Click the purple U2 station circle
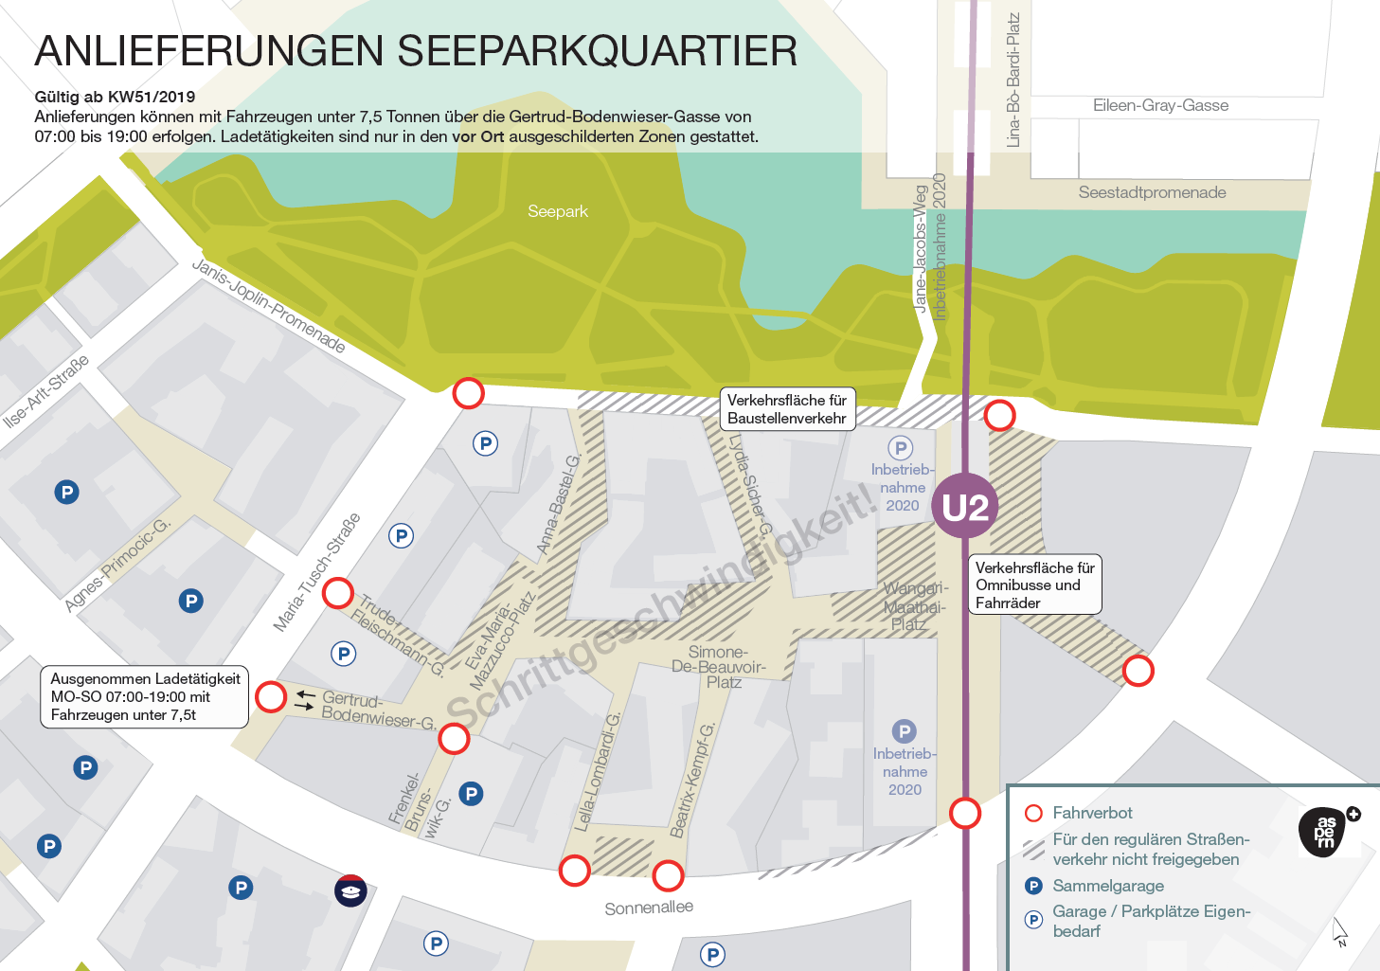click(965, 507)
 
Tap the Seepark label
click(558, 211)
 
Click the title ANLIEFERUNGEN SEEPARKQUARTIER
click(416, 51)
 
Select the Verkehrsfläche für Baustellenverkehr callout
click(787, 409)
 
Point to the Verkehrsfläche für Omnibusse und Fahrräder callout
click(1035, 584)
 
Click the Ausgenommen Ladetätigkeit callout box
click(145, 696)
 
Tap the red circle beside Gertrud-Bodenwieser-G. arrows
click(271, 696)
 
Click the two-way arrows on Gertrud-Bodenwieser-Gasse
click(305, 700)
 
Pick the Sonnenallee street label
click(649, 908)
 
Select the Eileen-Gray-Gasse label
click(1160, 105)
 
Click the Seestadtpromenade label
click(1152, 192)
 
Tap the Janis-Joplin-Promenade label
click(269, 305)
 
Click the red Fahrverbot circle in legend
click(1033, 813)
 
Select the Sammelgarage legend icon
click(1033, 886)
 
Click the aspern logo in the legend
click(1325, 833)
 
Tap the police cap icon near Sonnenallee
click(350, 890)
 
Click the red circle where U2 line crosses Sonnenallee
click(965, 813)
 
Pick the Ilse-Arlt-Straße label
click(46, 390)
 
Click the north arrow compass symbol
click(1340, 932)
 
